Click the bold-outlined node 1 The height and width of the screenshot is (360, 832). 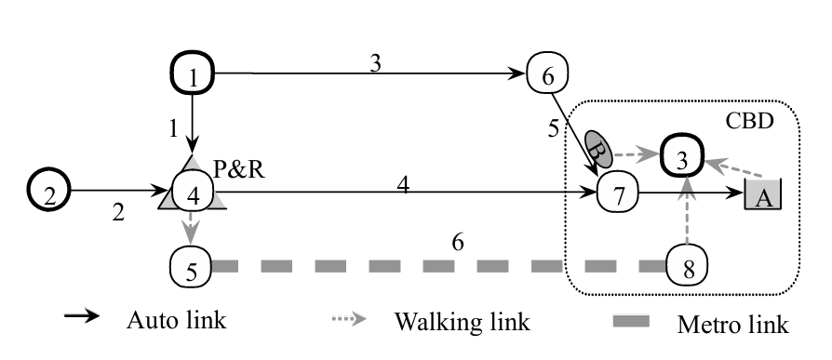coord(193,74)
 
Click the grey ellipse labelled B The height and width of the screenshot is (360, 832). coord(598,146)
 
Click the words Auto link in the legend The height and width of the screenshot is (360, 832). coord(176,322)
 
